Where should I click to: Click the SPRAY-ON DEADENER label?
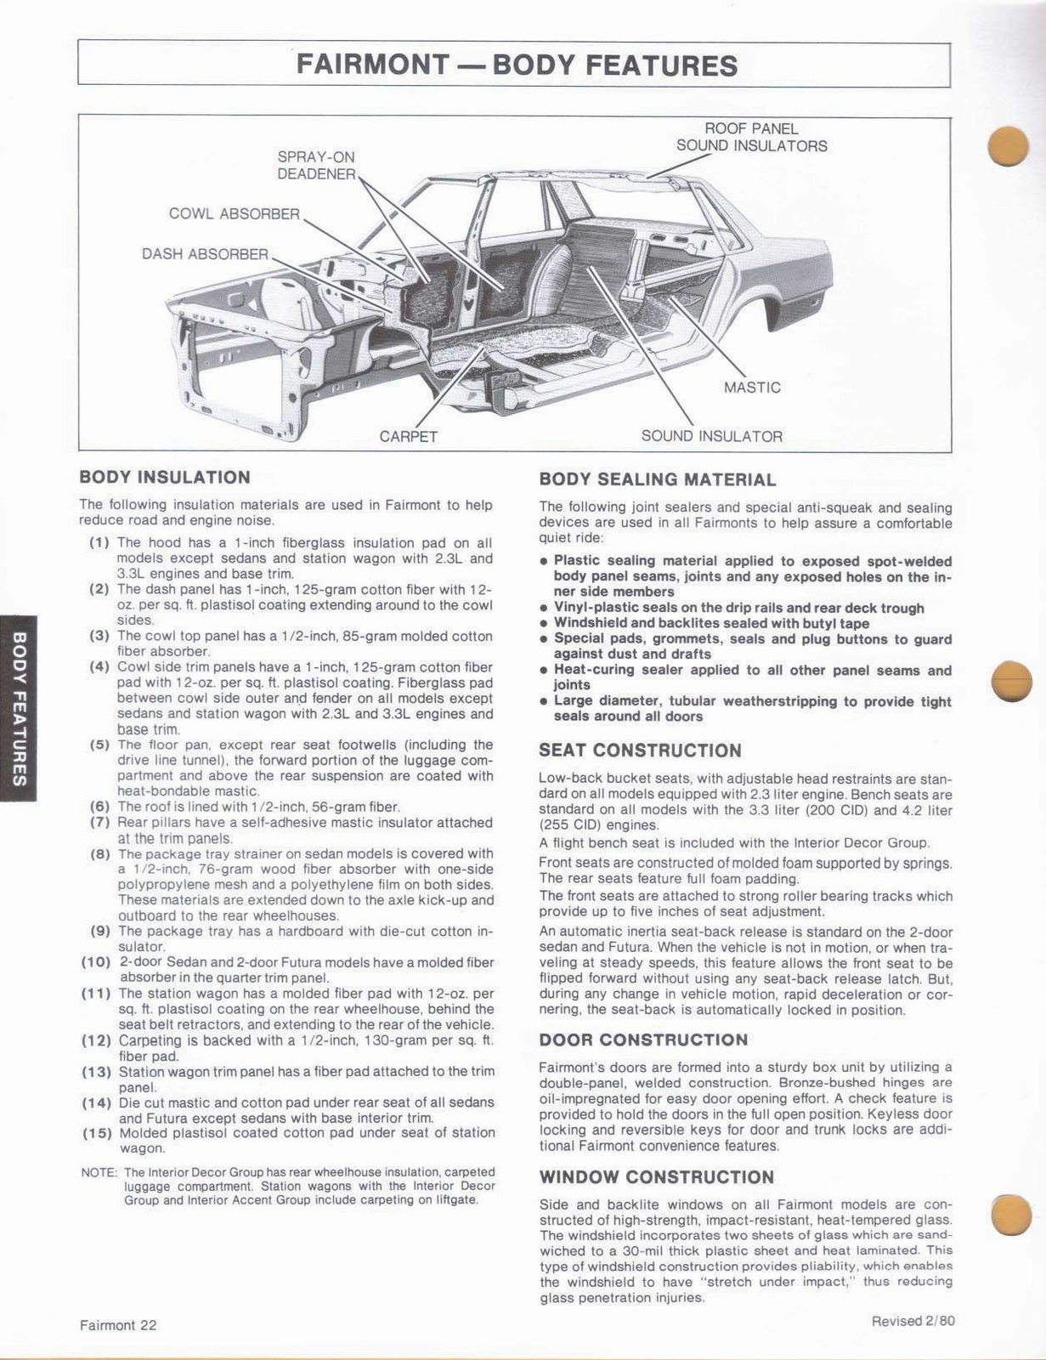316,165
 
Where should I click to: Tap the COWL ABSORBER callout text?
234,214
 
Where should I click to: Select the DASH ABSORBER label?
205,254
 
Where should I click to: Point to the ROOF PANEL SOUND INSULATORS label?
751,137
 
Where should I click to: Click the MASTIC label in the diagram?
751,388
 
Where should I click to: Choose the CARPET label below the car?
408,437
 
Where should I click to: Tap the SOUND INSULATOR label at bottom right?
711,437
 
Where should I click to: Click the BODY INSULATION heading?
165,478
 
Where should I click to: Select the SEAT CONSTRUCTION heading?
640,751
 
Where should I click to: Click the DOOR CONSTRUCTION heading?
643,1040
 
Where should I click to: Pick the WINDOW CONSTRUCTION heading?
656,1177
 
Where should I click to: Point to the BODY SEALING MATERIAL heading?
657,479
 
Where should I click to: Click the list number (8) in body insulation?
100,854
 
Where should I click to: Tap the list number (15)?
97,1133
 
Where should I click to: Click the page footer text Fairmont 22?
118,1325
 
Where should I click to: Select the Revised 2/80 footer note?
913,1321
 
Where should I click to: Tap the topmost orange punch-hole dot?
1009,146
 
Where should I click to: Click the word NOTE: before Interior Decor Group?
99,1172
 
